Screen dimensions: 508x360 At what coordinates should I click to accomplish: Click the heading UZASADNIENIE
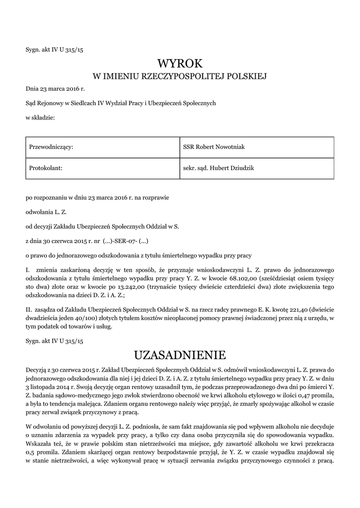[180, 355]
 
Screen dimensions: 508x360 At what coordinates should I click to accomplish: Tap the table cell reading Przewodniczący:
[52, 147]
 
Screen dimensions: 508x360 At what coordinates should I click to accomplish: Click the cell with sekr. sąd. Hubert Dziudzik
[218, 168]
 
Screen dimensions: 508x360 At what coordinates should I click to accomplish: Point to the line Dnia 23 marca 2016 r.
[55, 89]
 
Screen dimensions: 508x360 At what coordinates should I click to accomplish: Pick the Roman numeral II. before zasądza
[29, 309]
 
